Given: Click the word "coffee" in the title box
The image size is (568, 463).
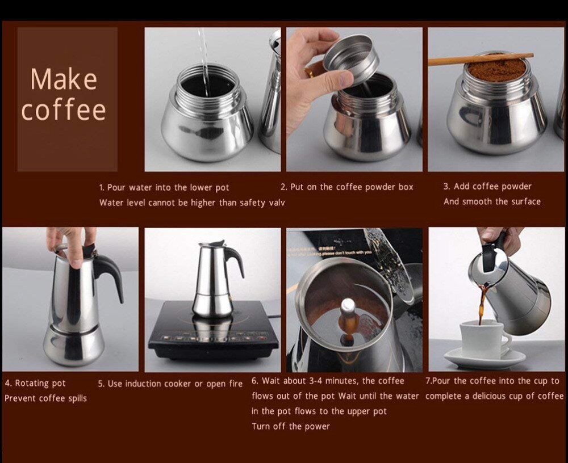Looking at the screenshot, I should coord(64,110).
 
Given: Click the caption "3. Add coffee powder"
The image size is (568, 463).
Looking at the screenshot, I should coord(487,187).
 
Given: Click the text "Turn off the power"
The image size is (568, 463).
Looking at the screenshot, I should coord(290,426).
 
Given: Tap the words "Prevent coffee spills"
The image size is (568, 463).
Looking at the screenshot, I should coord(45,398).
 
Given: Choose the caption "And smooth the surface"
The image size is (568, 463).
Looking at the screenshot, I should coord(492,201).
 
